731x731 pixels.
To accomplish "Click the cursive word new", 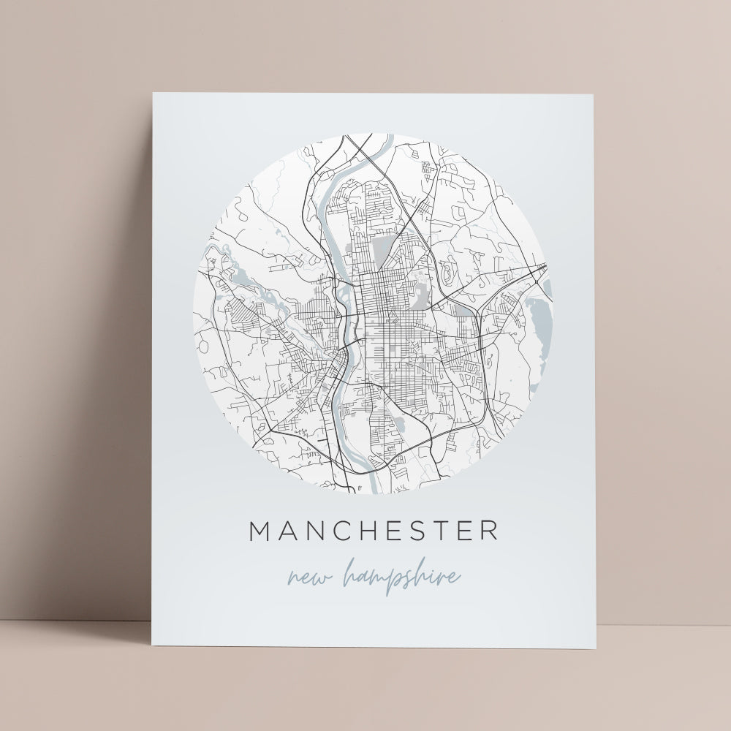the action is point(308,577).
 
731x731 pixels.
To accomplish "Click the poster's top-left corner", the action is point(153,93).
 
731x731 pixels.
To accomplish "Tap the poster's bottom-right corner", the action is point(595,648).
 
